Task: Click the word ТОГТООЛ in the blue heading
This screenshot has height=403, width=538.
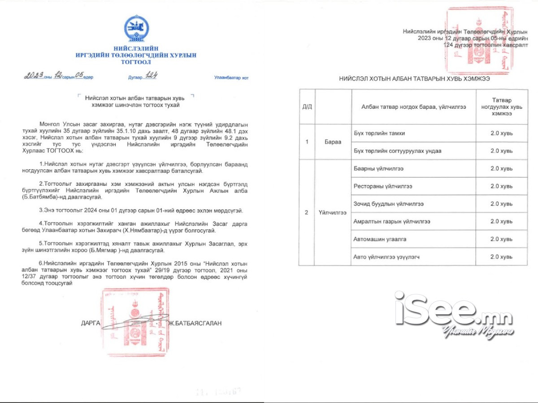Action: (x=136, y=62)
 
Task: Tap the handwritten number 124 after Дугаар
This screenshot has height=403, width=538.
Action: (x=149, y=76)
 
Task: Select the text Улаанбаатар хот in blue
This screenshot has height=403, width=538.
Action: (x=231, y=77)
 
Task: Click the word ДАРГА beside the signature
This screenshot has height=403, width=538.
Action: (x=91, y=323)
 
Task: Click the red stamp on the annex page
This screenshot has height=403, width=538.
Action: (x=477, y=40)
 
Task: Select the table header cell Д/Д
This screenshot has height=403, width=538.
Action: (x=307, y=107)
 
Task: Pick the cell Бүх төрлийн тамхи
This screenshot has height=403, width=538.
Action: (x=379, y=133)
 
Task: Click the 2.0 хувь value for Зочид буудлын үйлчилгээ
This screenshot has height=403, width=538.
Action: (x=501, y=204)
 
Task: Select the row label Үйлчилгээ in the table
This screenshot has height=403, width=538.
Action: (x=333, y=213)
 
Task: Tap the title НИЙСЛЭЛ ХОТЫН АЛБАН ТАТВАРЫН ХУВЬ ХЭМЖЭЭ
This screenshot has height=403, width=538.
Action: (x=414, y=78)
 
